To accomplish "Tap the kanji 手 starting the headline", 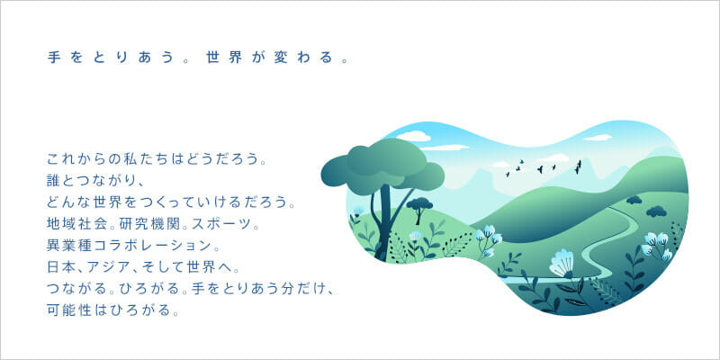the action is (54, 58).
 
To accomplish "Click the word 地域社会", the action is (73, 225).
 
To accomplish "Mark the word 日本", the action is (60, 266).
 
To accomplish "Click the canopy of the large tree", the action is (382, 166).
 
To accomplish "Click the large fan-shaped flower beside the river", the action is (562, 264).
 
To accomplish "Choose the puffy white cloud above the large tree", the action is (413, 136).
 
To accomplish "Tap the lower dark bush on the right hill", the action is (656, 211).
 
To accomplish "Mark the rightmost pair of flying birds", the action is (578, 166).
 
